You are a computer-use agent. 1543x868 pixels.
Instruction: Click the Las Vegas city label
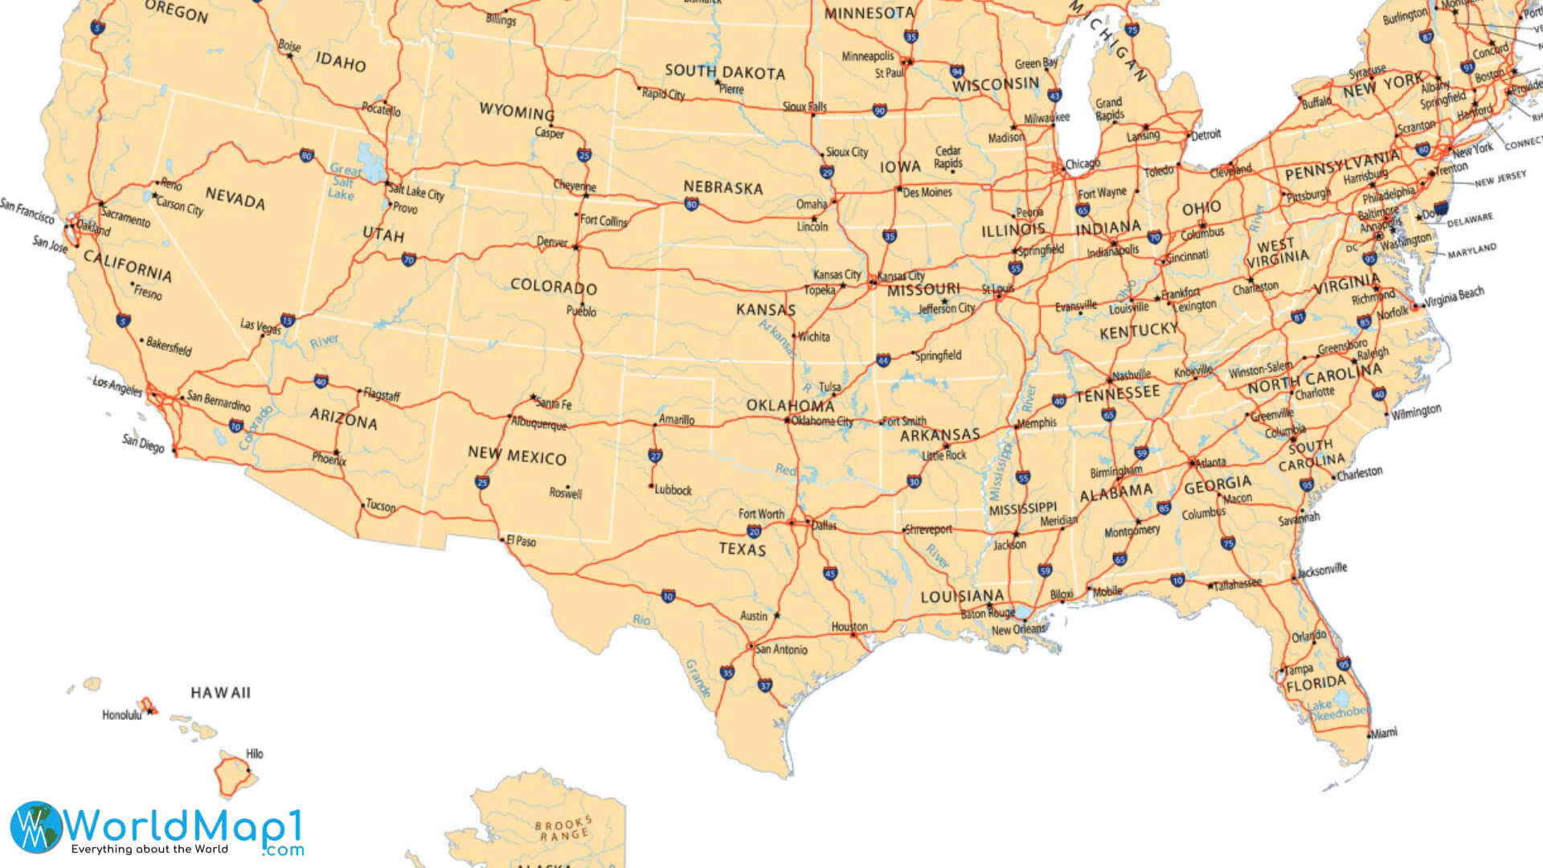click(260, 325)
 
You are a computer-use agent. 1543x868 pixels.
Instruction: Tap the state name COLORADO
click(554, 287)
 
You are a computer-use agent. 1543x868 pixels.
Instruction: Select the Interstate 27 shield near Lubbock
click(656, 456)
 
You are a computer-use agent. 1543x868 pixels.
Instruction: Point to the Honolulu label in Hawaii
click(121, 714)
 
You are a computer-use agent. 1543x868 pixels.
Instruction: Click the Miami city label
click(1384, 732)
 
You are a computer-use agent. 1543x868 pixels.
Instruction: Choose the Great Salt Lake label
click(343, 182)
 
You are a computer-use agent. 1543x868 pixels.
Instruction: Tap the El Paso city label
click(522, 541)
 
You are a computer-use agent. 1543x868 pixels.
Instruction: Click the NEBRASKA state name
click(722, 187)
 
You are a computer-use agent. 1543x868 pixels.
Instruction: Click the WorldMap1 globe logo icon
click(35, 827)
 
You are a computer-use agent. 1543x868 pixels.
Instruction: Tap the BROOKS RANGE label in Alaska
click(564, 829)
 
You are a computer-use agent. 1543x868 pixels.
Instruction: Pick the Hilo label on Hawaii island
click(254, 754)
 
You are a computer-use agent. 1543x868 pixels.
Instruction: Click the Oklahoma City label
click(822, 421)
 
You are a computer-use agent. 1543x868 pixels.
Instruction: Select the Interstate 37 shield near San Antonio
click(764, 686)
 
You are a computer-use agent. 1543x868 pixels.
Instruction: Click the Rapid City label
click(664, 94)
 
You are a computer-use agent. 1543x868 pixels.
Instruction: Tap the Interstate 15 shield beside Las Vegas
click(288, 321)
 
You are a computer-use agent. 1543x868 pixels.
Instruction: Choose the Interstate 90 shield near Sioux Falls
click(880, 111)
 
